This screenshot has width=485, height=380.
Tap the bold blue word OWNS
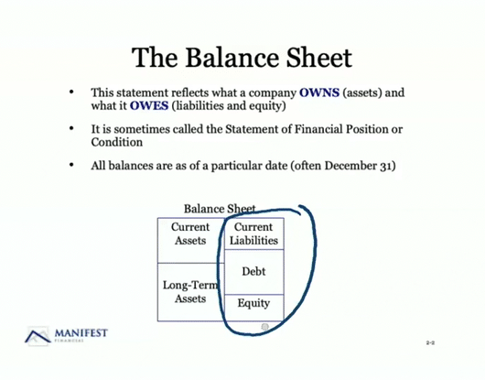325,93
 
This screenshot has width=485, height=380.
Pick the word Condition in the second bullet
117,142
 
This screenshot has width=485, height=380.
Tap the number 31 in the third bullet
387,166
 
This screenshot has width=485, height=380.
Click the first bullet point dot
71,93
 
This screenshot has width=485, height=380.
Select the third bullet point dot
71,166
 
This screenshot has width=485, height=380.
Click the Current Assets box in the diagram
190,233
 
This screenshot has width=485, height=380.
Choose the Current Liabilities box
253,233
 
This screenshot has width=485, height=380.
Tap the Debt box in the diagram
253,272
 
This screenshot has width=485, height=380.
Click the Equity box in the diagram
253,303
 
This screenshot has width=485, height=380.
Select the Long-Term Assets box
190,291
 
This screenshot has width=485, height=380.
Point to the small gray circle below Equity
264,327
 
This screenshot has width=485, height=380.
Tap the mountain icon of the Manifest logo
38,336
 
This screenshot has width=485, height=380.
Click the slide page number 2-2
430,342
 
